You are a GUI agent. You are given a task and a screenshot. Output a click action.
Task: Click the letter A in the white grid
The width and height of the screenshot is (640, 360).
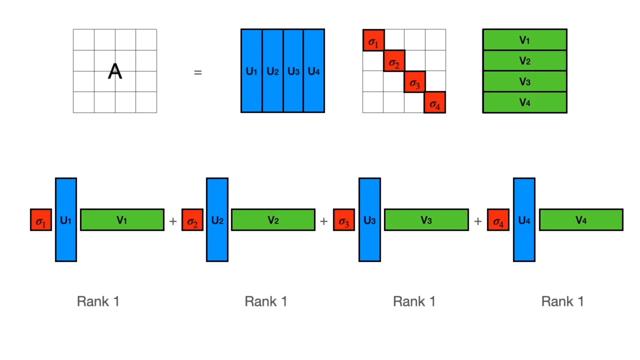pyautogui.click(x=115, y=71)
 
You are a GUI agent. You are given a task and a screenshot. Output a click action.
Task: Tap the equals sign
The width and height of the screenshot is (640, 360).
pyautogui.click(x=198, y=72)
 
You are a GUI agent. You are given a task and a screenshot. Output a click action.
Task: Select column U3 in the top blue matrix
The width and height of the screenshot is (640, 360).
pyautogui.click(x=293, y=71)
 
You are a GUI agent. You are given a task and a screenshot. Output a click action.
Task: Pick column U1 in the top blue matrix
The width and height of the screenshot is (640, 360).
pyautogui.click(x=252, y=71)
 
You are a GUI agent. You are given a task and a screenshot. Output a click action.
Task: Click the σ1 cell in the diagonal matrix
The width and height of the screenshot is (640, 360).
pyautogui.click(x=373, y=40)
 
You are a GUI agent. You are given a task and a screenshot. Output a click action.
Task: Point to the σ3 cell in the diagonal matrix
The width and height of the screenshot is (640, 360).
pyautogui.click(x=415, y=82)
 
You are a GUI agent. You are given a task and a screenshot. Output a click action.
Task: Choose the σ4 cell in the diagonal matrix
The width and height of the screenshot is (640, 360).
pyautogui.click(x=435, y=103)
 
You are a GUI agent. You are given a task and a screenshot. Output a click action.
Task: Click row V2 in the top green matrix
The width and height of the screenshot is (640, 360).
pyautogui.click(x=525, y=61)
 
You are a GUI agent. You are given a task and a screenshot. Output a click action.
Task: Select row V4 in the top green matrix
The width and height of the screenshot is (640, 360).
pyautogui.click(x=525, y=102)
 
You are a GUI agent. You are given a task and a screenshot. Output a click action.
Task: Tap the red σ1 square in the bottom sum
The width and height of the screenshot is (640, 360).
pyautogui.click(x=41, y=220)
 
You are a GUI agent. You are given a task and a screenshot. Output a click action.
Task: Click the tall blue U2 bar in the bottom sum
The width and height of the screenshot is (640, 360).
pyautogui.click(x=217, y=220)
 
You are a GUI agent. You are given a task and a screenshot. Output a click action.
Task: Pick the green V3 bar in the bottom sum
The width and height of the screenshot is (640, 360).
pyautogui.click(x=426, y=220)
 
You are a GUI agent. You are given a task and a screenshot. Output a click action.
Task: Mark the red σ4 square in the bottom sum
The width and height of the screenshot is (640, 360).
pyautogui.click(x=498, y=220)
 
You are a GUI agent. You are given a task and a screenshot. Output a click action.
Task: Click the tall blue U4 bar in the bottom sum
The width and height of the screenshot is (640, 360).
pyautogui.click(x=524, y=220)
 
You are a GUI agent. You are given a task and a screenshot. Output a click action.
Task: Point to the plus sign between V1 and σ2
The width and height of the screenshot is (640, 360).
pyautogui.click(x=173, y=221)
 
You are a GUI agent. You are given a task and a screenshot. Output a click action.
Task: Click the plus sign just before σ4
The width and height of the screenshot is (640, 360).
pyautogui.click(x=478, y=221)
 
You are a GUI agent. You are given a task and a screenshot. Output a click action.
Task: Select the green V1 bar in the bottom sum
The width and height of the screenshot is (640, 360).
pyautogui.click(x=122, y=220)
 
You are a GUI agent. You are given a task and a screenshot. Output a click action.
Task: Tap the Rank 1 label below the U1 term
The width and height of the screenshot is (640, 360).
pyautogui.click(x=98, y=301)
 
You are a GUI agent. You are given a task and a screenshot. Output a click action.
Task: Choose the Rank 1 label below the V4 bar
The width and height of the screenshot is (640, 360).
pyautogui.click(x=562, y=301)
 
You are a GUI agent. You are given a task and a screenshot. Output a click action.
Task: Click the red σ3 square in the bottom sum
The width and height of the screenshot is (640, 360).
pyautogui.click(x=344, y=220)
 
